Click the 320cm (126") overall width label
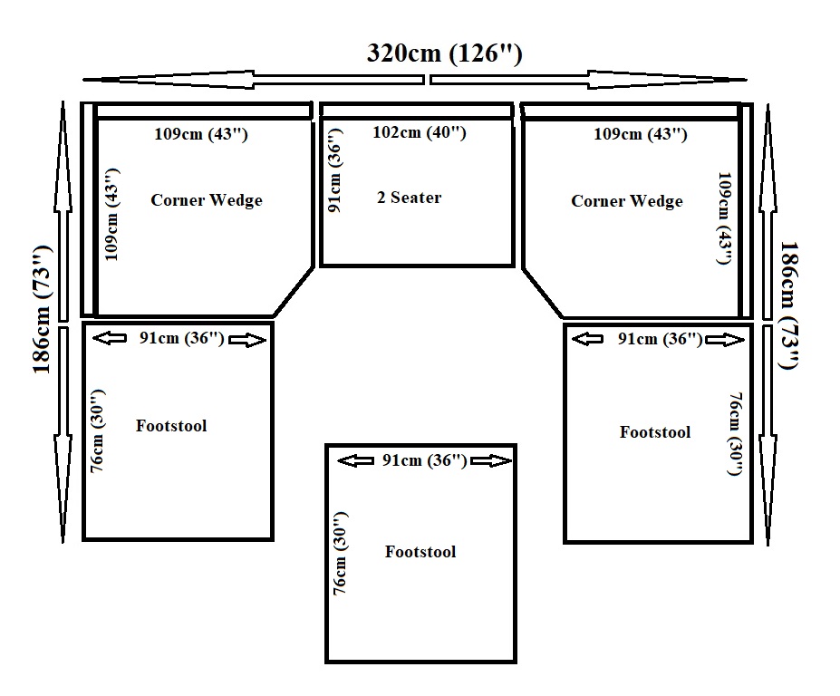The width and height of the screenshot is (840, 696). pos(444,53)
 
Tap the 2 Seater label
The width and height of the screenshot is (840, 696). pos(410,198)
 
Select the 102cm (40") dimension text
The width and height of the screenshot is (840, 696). pos(420,132)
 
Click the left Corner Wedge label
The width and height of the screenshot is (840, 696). pos(207,200)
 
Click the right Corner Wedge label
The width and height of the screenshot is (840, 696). pos(627,201)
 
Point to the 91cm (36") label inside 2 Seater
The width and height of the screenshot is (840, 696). pos(334,170)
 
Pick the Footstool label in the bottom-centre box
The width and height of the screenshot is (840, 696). pos(420,551)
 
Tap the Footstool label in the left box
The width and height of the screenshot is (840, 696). pos(171,425)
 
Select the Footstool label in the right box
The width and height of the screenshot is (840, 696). pos(655,432)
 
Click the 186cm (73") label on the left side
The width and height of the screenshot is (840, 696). pos(43,310)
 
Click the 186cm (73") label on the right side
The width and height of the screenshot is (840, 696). pos(789,305)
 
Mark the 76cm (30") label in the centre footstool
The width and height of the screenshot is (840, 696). pos(341,553)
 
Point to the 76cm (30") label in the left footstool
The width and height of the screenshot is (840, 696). pos(98,430)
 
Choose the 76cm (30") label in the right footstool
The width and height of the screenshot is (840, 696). pos(736,434)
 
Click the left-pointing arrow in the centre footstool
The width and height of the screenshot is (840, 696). pos(355,460)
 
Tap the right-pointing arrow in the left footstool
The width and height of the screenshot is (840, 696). pos(247,340)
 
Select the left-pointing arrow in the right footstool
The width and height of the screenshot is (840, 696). pos(587,339)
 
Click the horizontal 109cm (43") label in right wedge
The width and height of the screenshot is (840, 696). pos(640,134)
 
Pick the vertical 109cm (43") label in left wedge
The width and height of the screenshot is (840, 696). pos(112,215)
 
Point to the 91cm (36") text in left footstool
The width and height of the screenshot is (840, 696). pos(182,338)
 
